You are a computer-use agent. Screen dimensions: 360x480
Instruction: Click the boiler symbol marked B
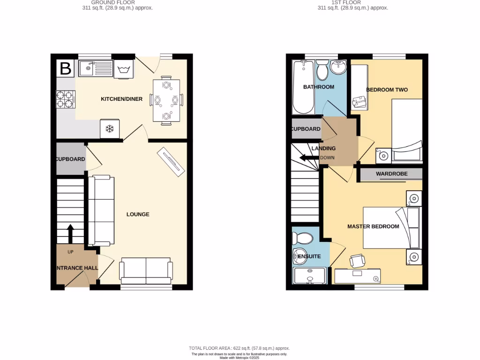pyautogui.click(x=65, y=69)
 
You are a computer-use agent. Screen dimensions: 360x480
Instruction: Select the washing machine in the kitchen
pyautogui.click(x=124, y=69)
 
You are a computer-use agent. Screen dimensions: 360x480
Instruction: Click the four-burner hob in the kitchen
pyautogui.click(x=65, y=98)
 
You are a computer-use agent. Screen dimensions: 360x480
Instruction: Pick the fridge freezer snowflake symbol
pyautogui.click(x=110, y=129)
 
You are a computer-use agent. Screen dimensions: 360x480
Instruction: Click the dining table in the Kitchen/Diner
pyautogui.click(x=166, y=101)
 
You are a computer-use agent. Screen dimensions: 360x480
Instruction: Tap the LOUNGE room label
pyautogui.click(x=138, y=214)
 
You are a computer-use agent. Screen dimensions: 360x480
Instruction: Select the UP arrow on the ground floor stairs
pyautogui.click(x=70, y=233)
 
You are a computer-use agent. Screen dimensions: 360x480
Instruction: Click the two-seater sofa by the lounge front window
pyautogui.click(x=146, y=271)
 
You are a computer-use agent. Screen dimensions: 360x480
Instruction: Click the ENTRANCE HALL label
pyautogui.click(x=77, y=268)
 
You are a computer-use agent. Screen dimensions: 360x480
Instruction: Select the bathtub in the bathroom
pyautogui.click(x=303, y=87)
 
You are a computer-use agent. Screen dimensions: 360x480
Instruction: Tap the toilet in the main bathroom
pyautogui.click(x=322, y=70)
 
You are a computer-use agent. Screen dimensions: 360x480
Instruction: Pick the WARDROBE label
pyautogui.click(x=391, y=174)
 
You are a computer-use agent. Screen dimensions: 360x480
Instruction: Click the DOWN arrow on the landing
pyautogui.click(x=309, y=157)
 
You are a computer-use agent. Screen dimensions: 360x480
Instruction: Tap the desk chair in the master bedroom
pyautogui.click(x=357, y=260)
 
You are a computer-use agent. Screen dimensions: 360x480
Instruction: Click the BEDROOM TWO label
pyautogui.click(x=387, y=90)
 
